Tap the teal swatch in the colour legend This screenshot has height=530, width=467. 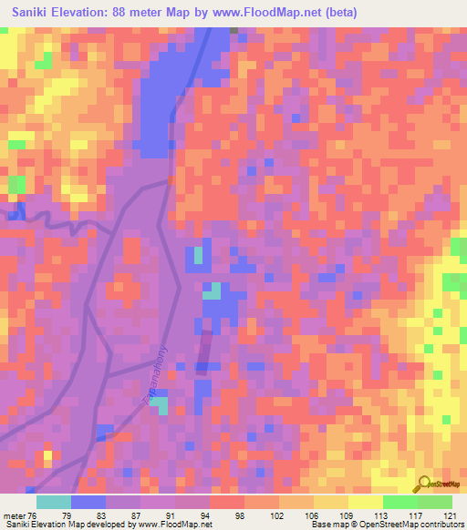[x=53, y=501]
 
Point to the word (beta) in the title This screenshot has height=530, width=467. [x=338, y=13]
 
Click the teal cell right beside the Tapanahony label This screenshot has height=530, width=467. [x=161, y=406]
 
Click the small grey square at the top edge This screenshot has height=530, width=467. [x=233, y=30]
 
